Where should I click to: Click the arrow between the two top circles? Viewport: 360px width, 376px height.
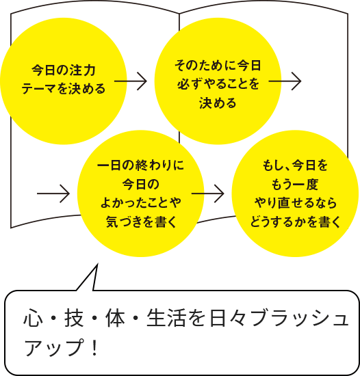click(x=131, y=81)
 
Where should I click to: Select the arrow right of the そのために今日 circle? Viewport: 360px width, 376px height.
click(x=285, y=81)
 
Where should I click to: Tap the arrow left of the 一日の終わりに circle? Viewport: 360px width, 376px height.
click(x=53, y=193)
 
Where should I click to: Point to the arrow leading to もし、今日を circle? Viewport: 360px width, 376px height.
click(x=208, y=193)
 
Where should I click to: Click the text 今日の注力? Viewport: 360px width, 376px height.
click(x=64, y=70)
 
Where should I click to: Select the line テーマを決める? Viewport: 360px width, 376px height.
click(x=64, y=88)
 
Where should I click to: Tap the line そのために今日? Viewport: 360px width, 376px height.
click(x=218, y=65)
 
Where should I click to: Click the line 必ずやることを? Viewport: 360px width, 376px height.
click(x=218, y=83)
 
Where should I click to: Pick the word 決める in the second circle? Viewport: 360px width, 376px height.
click(x=218, y=103)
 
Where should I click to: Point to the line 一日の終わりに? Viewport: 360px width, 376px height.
click(x=140, y=165)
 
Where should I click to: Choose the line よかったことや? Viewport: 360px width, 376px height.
click(x=140, y=202)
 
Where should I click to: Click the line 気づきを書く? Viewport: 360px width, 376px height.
click(x=140, y=221)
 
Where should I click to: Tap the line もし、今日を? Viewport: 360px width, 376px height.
click(x=295, y=165)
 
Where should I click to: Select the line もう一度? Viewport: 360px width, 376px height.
click(x=295, y=184)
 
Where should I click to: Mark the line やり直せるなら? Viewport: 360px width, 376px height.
click(x=295, y=202)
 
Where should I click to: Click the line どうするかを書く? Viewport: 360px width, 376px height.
click(x=295, y=221)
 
